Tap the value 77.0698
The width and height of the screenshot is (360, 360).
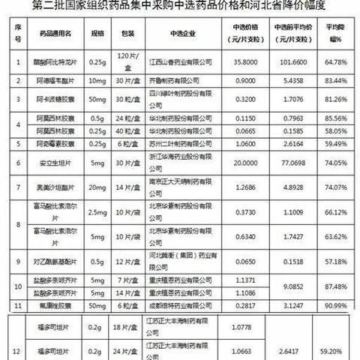tap(288, 161)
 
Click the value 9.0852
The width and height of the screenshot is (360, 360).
tap(288, 285)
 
